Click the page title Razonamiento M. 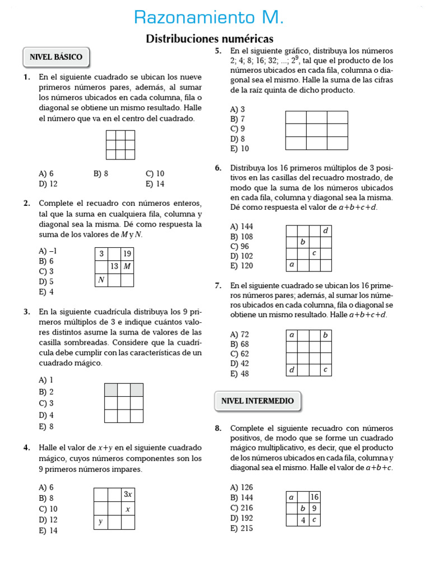[x=209, y=18]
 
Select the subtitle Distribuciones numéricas [x=209, y=39]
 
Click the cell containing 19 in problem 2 [x=127, y=253]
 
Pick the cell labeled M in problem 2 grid [x=127, y=266]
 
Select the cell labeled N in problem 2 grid [x=101, y=280]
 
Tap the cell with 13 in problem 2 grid [x=114, y=266]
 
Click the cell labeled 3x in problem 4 [x=128, y=494]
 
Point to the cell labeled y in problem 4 [x=101, y=522]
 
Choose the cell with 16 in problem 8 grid [x=314, y=497]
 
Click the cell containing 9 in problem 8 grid [x=314, y=509]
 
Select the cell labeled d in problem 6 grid [x=326, y=231]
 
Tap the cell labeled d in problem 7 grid [x=291, y=370]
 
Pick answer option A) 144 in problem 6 [x=241, y=226]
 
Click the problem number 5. [x=218, y=51]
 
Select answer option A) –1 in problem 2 [x=48, y=251]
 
